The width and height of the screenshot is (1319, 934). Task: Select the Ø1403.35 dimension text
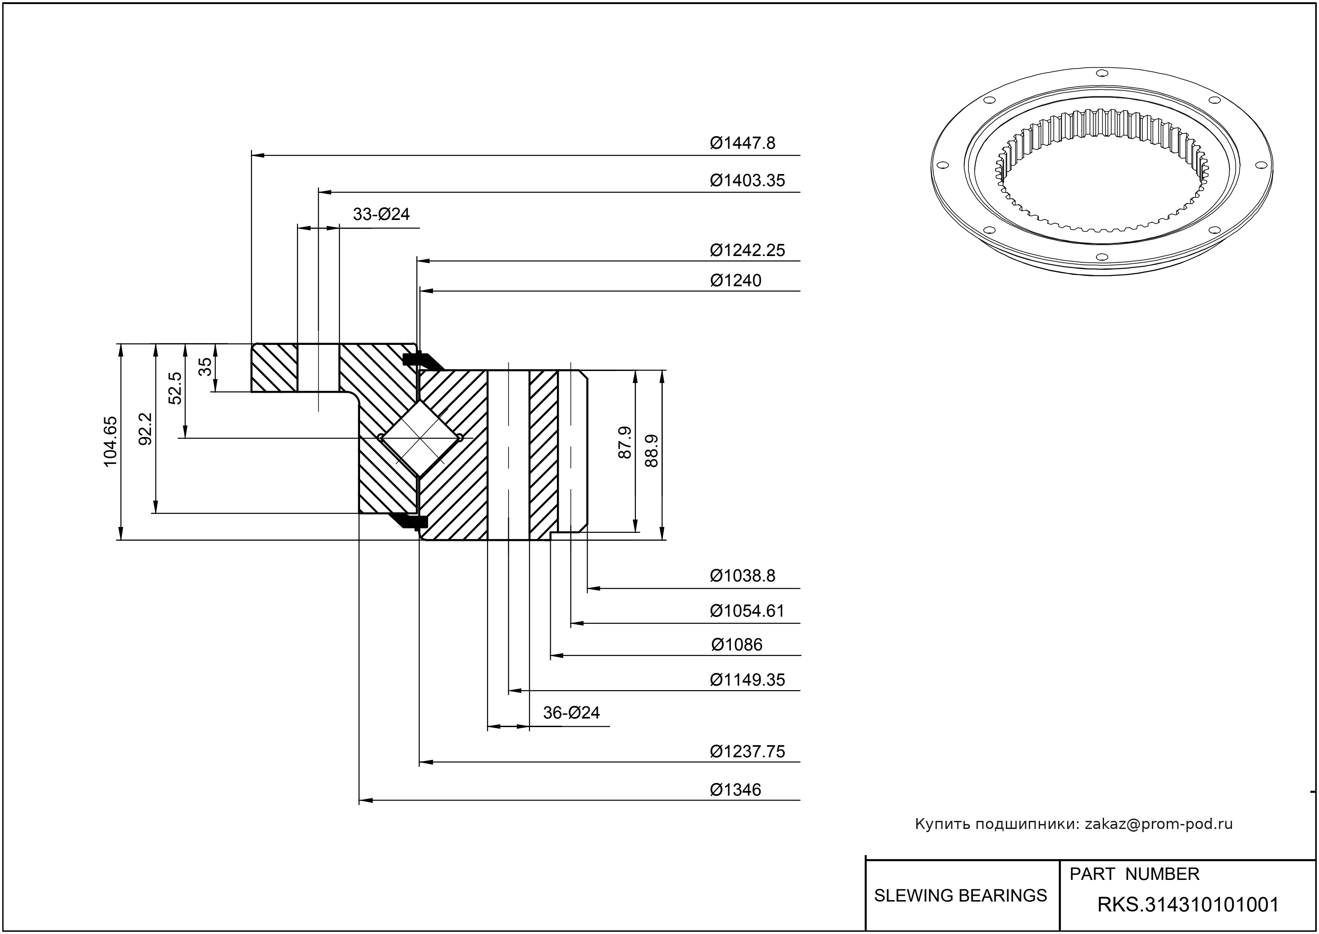(x=747, y=181)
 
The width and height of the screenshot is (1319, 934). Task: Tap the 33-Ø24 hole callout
(x=381, y=215)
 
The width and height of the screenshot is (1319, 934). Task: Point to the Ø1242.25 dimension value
(x=747, y=250)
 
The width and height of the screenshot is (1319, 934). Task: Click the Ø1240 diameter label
(x=735, y=281)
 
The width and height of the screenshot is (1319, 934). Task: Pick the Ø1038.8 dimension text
(x=742, y=576)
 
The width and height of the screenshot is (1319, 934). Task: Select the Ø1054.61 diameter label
(x=747, y=611)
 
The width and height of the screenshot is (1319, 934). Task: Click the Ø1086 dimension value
(x=736, y=645)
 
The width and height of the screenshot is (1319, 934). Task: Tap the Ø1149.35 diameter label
(x=747, y=680)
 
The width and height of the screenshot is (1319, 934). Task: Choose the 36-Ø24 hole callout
(x=571, y=713)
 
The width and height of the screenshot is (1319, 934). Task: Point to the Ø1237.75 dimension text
(x=747, y=752)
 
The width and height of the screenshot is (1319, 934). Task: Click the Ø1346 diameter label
(x=735, y=790)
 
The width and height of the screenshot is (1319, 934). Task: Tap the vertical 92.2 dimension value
(x=146, y=429)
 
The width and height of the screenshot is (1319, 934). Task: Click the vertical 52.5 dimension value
(x=175, y=388)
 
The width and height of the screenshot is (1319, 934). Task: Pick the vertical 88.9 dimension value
(x=652, y=450)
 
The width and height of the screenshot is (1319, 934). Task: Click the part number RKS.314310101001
(x=1188, y=905)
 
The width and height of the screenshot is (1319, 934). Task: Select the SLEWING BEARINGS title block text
(x=960, y=896)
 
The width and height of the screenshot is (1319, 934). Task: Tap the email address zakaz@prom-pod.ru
(x=1158, y=824)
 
